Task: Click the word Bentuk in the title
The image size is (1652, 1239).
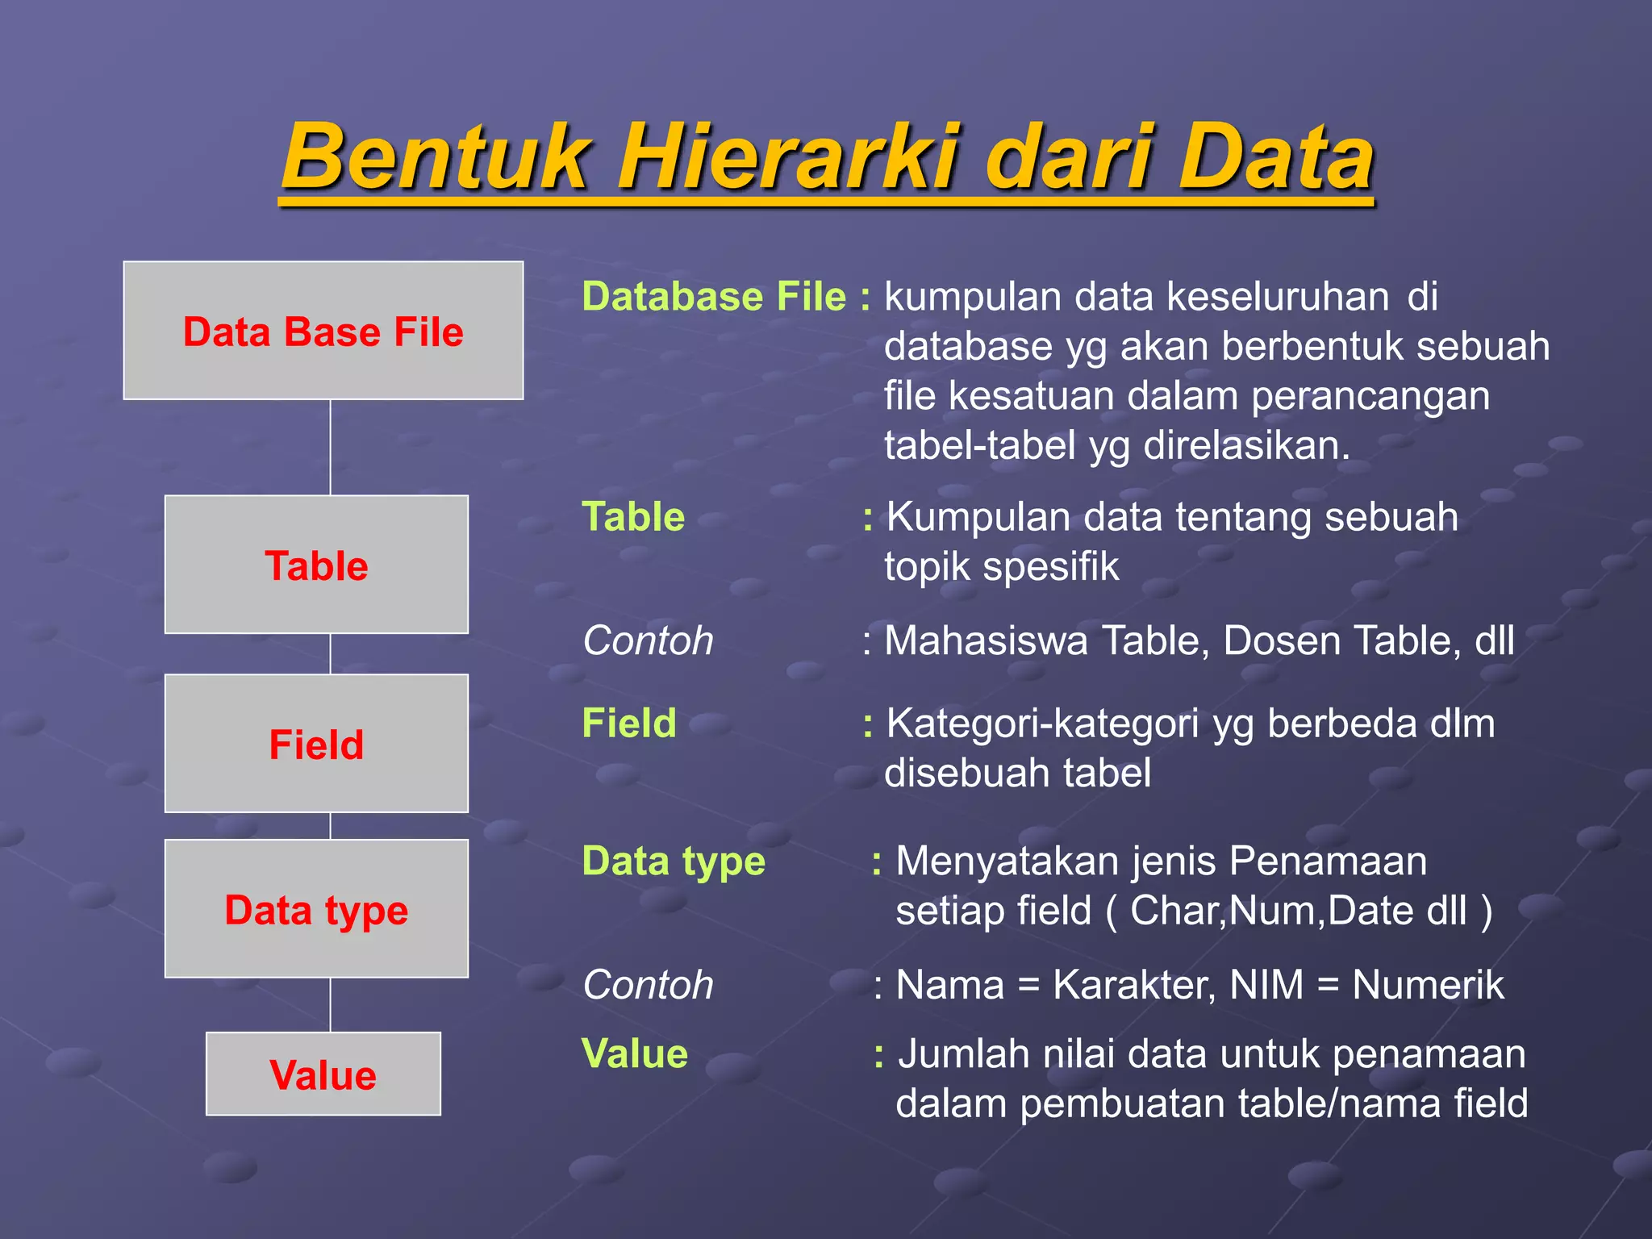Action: (x=436, y=157)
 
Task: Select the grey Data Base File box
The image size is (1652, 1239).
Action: (x=323, y=331)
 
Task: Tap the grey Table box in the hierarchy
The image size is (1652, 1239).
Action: (x=316, y=565)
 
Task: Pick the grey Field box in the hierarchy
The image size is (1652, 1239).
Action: (x=316, y=744)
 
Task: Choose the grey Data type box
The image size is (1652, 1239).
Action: (x=316, y=909)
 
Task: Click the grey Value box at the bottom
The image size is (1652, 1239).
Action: (x=323, y=1074)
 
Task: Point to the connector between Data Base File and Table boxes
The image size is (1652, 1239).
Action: (x=330, y=448)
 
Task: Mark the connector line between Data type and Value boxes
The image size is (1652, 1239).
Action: (x=330, y=1005)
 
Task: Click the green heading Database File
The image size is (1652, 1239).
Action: (x=714, y=297)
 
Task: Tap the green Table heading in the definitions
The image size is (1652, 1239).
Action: (x=633, y=517)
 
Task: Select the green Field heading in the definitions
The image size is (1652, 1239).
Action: (x=629, y=724)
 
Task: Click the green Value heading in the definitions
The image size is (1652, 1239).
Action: (x=635, y=1054)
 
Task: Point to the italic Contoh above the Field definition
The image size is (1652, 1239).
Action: (x=648, y=641)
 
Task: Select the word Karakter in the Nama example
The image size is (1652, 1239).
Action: (x=1133, y=986)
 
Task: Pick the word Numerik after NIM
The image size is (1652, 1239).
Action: (x=1428, y=986)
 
